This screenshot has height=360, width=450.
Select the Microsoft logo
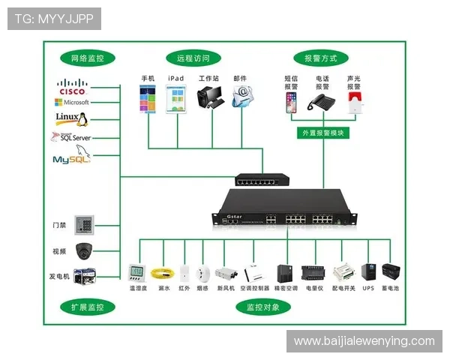click(72, 102)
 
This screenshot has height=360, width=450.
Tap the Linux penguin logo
click(72, 118)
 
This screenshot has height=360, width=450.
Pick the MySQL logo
click(71, 158)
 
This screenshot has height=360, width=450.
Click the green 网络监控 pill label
click(88, 58)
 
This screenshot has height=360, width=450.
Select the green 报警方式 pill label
click(320, 58)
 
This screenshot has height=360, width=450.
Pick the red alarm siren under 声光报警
click(355, 103)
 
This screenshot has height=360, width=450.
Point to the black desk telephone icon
click(322, 104)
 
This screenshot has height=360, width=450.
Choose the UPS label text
click(367, 288)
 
